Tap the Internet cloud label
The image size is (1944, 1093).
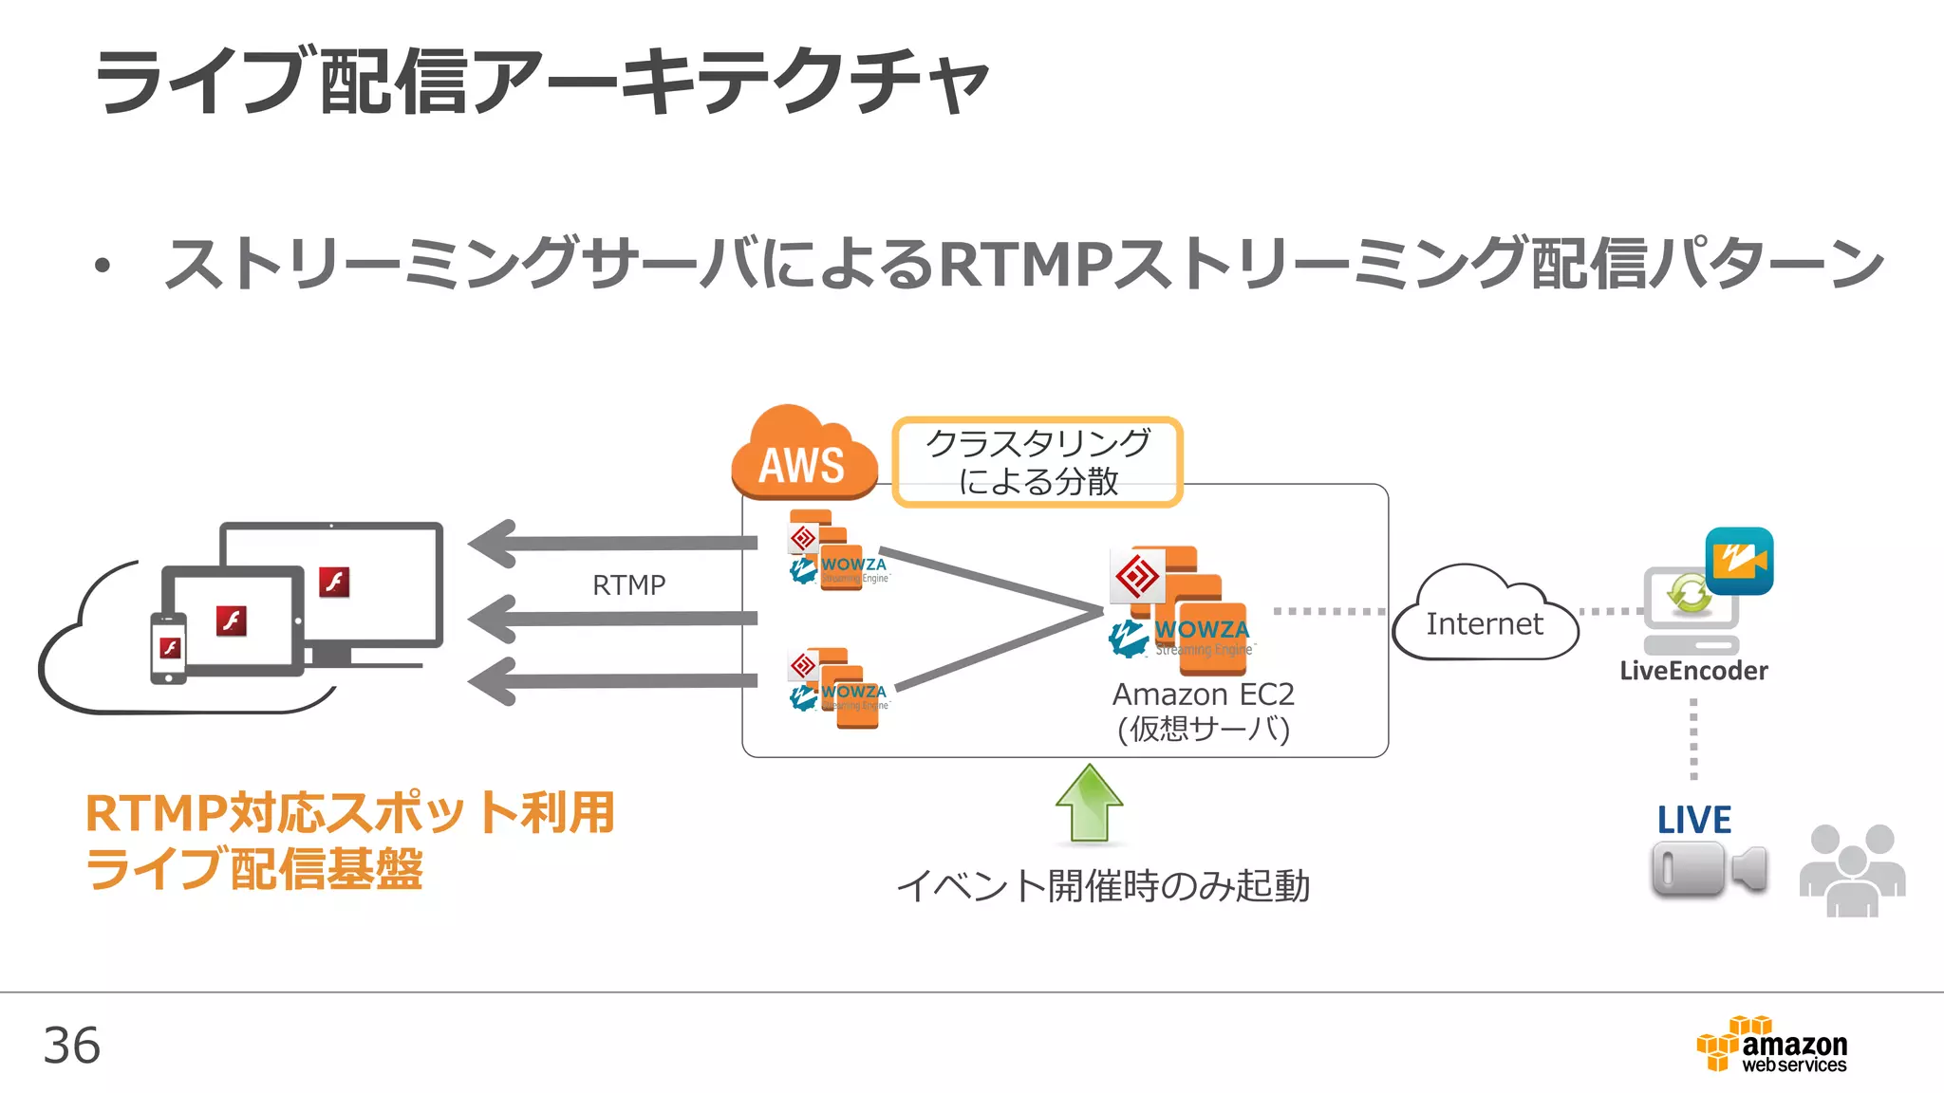click(1484, 623)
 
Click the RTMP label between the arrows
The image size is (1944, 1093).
click(628, 584)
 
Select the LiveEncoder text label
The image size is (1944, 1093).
click(1693, 671)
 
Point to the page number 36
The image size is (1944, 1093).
click(72, 1046)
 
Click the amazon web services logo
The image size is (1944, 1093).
click(1772, 1045)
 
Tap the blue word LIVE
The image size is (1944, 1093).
click(1693, 820)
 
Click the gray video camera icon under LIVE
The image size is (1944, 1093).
click(1708, 869)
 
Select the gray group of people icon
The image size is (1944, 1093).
click(1852, 870)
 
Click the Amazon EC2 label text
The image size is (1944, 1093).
click(1203, 695)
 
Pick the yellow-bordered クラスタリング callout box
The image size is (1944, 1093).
click(1037, 462)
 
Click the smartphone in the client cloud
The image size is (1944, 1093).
click(169, 648)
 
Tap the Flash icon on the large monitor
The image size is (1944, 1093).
click(334, 582)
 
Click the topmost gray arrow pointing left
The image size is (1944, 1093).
click(611, 544)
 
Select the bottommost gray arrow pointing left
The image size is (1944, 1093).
click(611, 680)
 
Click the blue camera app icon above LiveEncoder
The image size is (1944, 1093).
click(1739, 561)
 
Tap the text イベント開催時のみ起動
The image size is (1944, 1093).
click(1103, 886)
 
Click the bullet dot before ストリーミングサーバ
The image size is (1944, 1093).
click(103, 266)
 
